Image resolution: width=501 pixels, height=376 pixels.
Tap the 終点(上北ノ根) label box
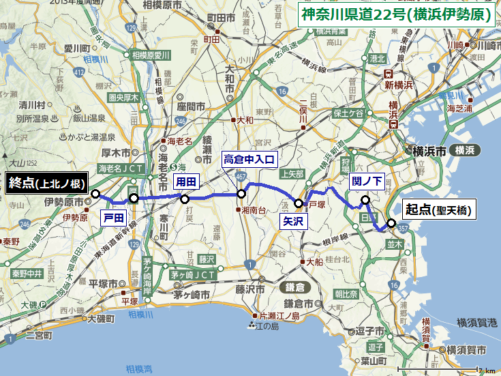click(x=46, y=182)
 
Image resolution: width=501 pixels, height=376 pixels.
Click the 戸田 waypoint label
click(x=113, y=218)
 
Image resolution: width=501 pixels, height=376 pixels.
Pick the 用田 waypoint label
click(x=186, y=182)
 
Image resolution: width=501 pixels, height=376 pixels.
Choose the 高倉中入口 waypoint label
click(x=249, y=160)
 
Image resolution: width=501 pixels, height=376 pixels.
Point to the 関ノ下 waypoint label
click(x=367, y=181)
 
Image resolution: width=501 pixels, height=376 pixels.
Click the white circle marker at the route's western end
click(x=95, y=194)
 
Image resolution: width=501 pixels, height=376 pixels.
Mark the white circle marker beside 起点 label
click(x=391, y=222)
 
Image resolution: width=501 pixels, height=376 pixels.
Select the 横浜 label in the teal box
click(x=468, y=150)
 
